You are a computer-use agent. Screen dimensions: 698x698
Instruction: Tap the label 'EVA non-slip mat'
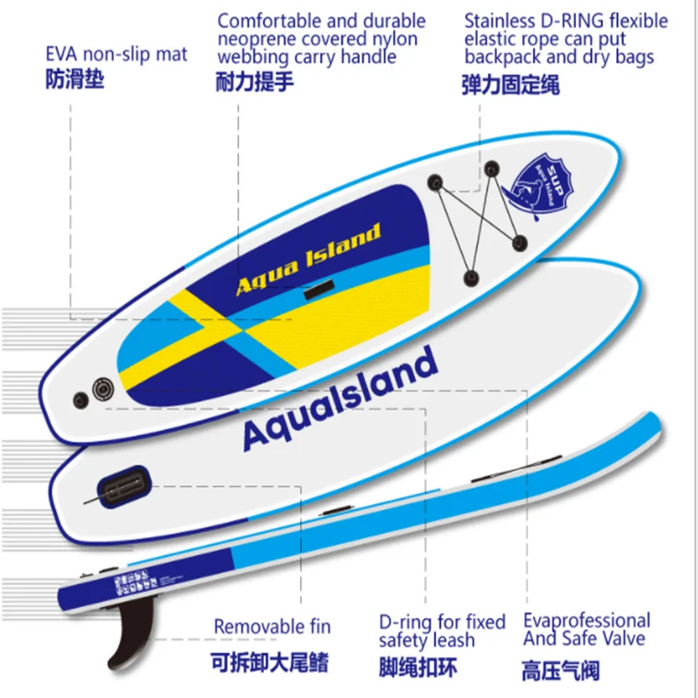coord(116,54)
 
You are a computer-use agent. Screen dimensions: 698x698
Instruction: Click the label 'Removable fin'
coord(272,627)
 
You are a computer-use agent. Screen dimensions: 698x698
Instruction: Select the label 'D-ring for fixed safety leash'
coord(441,630)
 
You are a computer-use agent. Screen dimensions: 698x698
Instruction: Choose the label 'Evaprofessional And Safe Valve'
coord(586,629)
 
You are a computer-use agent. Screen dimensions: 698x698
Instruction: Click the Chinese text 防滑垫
coord(75,80)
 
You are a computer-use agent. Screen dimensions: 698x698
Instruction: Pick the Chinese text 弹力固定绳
coord(511,85)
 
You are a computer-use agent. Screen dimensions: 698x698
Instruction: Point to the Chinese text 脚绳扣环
coord(417,667)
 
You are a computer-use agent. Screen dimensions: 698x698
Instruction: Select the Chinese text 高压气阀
coord(560,670)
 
